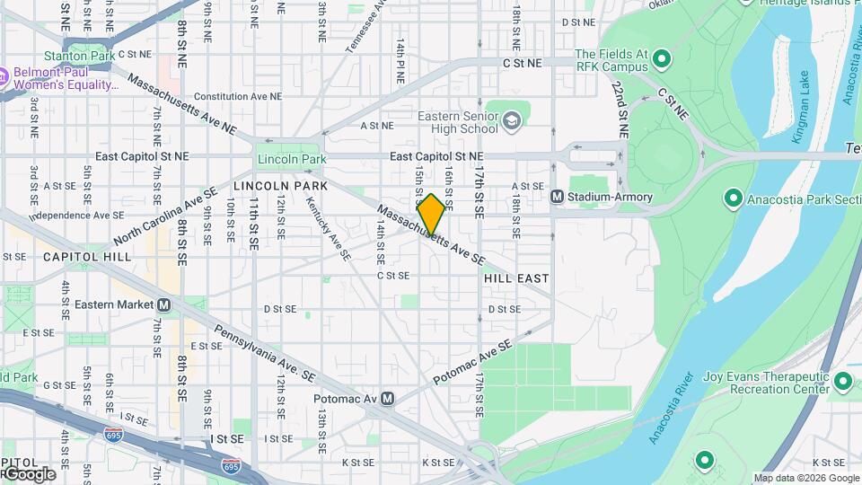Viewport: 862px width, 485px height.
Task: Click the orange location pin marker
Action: click(431, 215)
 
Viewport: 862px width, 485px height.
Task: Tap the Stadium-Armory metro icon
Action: click(557, 197)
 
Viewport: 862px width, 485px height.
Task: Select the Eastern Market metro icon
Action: click(163, 304)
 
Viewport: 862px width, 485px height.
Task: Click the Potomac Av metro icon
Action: click(387, 398)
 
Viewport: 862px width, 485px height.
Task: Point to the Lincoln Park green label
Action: click(289, 160)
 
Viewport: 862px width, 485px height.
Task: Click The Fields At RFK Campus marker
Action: click(663, 60)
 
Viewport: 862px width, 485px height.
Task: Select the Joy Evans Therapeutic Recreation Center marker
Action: click(842, 383)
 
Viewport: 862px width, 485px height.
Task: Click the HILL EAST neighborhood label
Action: click(516, 278)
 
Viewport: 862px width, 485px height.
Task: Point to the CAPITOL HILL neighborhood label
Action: click(86, 257)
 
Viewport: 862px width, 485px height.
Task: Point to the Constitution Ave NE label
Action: click(232, 96)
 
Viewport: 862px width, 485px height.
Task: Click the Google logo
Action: click(30, 473)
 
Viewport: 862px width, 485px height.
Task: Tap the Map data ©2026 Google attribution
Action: click(806, 478)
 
